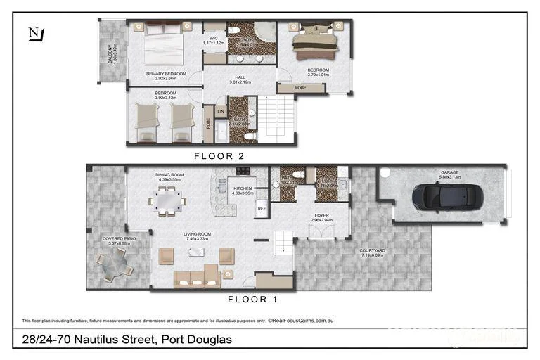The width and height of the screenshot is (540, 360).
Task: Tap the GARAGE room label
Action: [449, 172]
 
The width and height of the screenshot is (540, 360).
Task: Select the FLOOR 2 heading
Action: [219, 156]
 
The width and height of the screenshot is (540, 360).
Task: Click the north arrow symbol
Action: [34, 34]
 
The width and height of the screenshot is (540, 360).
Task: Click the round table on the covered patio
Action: [115, 266]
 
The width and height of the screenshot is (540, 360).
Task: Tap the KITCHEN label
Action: [242, 188]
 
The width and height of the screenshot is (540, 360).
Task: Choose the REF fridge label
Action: [261, 208]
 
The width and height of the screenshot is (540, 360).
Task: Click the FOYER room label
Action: [321, 216]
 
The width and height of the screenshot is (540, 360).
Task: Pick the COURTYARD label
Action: [372, 250]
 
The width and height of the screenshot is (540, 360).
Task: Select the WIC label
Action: [213, 38]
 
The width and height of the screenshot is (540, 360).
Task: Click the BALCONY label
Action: [110, 53]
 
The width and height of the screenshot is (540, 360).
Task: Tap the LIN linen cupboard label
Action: [221, 111]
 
